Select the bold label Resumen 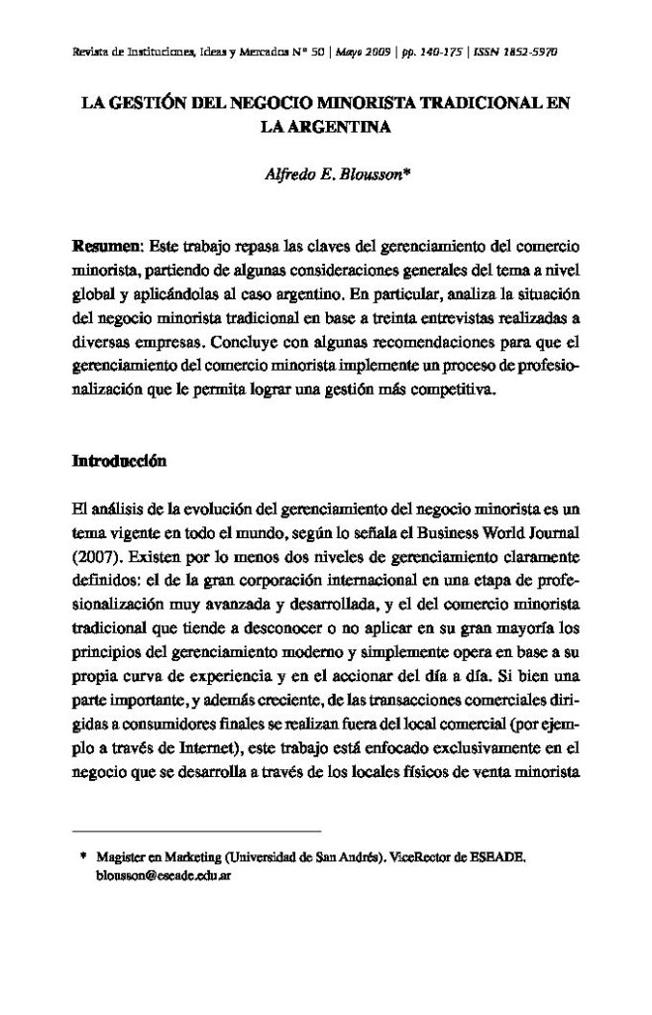tap(108, 244)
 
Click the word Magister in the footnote tap(122, 859)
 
